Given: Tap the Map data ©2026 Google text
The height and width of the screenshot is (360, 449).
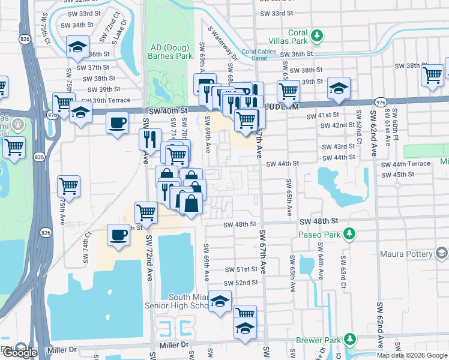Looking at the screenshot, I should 411,355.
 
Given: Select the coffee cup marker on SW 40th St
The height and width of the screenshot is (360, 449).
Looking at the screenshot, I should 117,122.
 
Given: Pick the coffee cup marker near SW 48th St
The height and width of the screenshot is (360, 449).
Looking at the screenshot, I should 118,234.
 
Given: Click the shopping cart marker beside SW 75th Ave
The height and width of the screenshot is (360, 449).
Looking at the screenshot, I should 69,186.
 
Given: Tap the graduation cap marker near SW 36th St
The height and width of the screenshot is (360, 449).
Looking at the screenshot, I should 77,47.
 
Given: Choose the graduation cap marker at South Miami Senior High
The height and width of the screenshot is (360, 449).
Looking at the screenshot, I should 220,302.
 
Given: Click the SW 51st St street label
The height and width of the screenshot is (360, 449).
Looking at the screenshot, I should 241,269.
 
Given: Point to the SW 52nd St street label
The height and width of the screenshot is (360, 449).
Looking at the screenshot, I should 241,283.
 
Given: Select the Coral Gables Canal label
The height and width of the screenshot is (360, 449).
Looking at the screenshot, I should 259,52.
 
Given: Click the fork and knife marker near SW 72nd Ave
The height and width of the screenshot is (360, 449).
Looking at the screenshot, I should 149,139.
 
